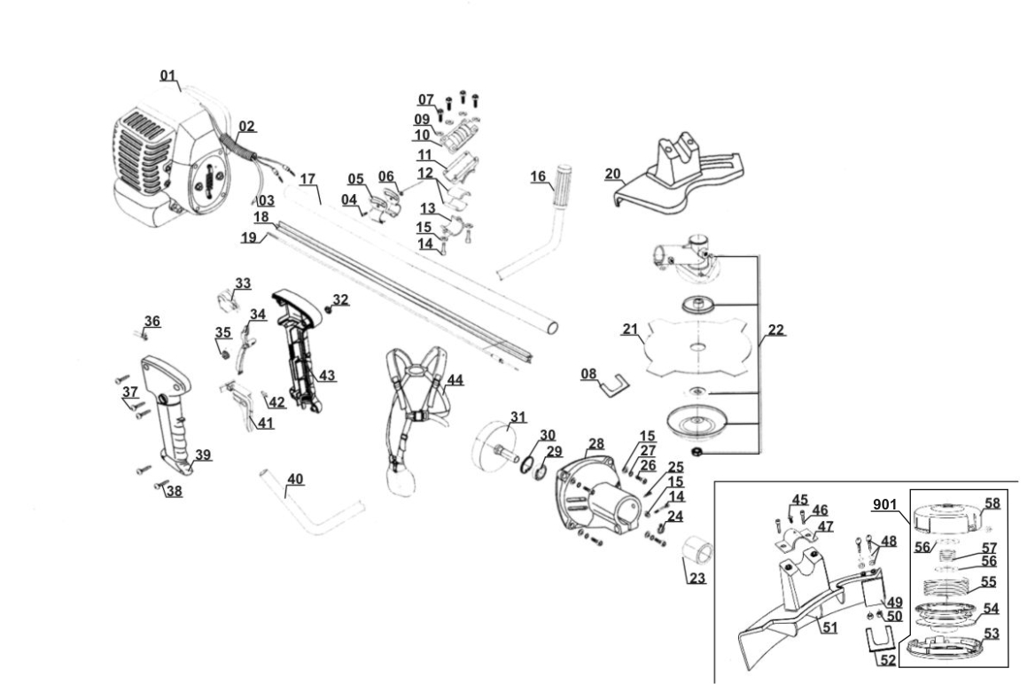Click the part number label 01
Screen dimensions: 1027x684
pyautogui.click(x=168, y=75)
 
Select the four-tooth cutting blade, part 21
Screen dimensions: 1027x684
pyautogui.click(x=699, y=346)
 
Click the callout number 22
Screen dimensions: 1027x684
pyautogui.click(x=775, y=330)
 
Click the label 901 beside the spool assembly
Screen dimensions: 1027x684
pyautogui.click(x=884, y=505)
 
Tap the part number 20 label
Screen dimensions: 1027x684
pyautogui.click(x=613, y=174)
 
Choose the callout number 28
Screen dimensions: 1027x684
pyautogui.click(x=595, y=444)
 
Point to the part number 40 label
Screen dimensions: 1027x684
pyautogui.click(x=295, y=479)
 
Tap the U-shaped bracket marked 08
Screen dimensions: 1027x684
pyautogui.click(x=614, y=385)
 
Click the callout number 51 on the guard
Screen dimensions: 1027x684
pyautogui.click(x=830, y=627)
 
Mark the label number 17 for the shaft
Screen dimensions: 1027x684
pyautogui.click(x=307, y=178)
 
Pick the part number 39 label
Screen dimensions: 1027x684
pyautogui.click(x=203, y=455)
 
